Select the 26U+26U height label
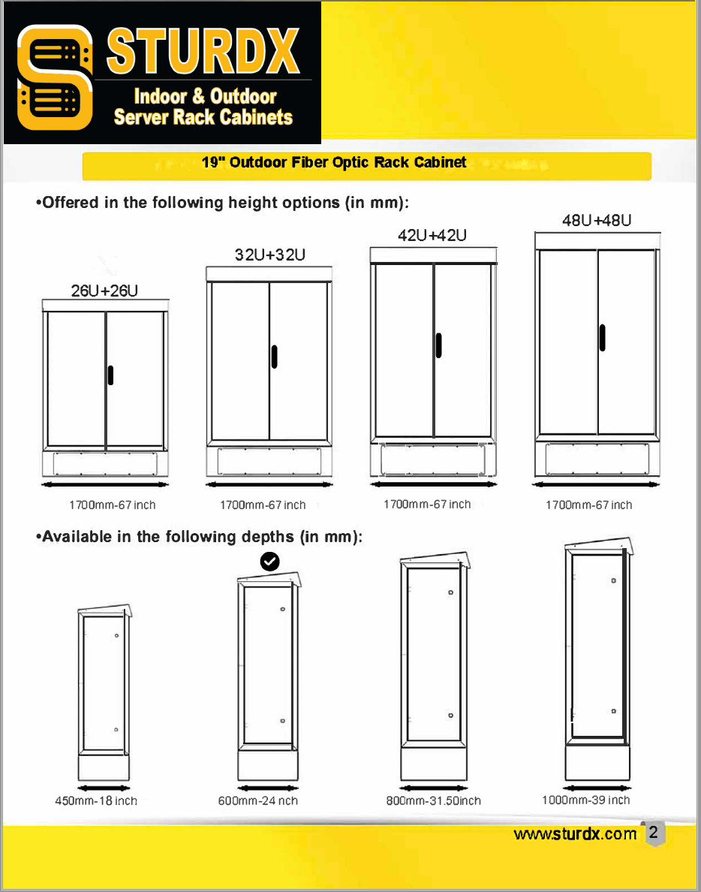(x=104, y=291)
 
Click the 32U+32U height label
(x=269, y=255)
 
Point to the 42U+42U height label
(x=432, y=235)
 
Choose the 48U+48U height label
(x=597, y=220)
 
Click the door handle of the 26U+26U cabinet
(x=110, y=375)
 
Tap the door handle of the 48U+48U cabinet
(x=602, y=337)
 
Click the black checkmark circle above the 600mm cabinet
(x=269, y=561)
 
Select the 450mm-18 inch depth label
(x=96, y=800)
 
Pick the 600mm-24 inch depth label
(x=257, y=800)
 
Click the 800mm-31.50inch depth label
(x=433, y=800)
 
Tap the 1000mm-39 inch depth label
(x=585, y=800)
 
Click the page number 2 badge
(x=653, y=833)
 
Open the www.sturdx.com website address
(x=575, y=834)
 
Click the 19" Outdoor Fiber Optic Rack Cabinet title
(x=334, y=162)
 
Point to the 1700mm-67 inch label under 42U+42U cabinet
(x=427, y=504)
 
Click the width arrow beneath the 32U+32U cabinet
(x=269, y=484)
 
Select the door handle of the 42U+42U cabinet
(x=438, y=345)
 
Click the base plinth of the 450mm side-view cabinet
(x=104, y=767)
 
